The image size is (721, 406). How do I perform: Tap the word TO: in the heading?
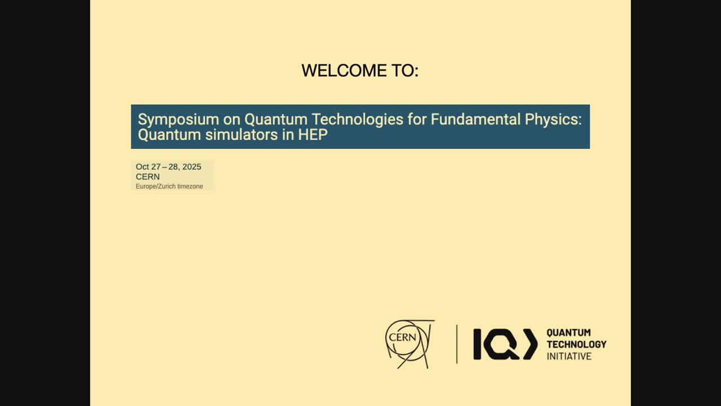click(405, 70)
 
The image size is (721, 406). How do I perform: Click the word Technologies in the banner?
click(357, 120)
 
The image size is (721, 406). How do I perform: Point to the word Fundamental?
click(475, 119)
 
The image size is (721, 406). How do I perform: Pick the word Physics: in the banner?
click(553, 120)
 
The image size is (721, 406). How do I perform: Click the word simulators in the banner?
click(242, 135)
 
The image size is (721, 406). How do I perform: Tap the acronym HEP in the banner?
click(313, 135)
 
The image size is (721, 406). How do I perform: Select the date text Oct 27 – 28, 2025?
click(168, 166)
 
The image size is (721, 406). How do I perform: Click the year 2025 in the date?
click(192, 166)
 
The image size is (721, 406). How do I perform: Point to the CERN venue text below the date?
click(148, 176)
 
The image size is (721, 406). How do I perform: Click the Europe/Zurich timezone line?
click(170, 186)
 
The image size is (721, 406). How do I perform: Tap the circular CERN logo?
click(410, 344)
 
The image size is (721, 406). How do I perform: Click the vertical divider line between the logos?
click(457, 344)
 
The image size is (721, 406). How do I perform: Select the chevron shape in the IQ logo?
click(530, 344)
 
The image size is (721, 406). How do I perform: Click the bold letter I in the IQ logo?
click(477, 344)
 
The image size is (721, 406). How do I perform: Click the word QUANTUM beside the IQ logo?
click(569, 333)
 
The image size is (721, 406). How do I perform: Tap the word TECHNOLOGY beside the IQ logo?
click(576, 345)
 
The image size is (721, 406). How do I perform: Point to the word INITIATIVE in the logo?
click(569, 356)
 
